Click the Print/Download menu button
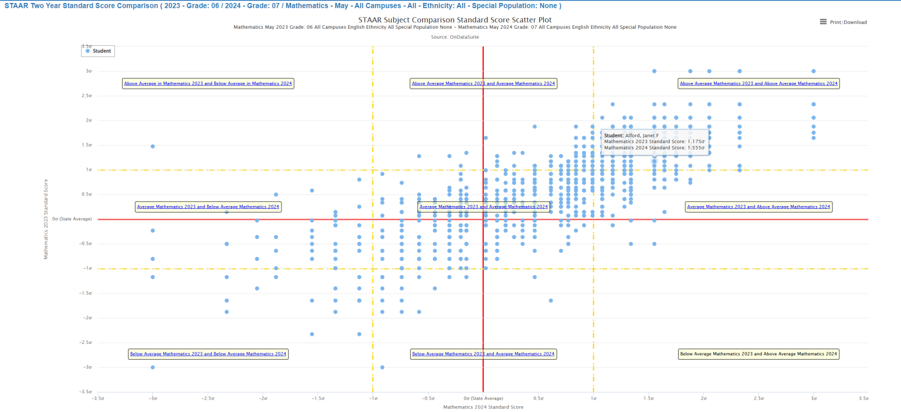point(843,22)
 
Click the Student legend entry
point(97,51)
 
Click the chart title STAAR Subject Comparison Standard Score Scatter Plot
point(455,19)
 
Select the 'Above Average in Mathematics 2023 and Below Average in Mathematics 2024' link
point(208,83)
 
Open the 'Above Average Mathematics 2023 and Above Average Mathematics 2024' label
point(758,83)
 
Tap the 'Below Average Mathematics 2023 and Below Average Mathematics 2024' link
point(208,354)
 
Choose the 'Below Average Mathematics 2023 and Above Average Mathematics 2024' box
point(758,354)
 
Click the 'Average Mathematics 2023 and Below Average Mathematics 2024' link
point(208,207)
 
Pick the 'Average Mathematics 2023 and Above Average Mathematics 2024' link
point(758,207)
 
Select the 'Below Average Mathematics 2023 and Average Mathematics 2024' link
point(483,354)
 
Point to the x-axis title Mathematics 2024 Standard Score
point(483,407)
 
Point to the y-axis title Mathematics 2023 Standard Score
point(46,219)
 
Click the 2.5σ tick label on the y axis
point(87,96)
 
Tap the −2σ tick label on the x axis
point(262,398)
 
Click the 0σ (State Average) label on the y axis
point(72,219)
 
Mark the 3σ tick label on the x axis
point(813,398)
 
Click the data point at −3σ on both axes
point(153,367)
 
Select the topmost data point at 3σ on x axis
point(814,71)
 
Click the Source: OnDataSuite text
point(455,36)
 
